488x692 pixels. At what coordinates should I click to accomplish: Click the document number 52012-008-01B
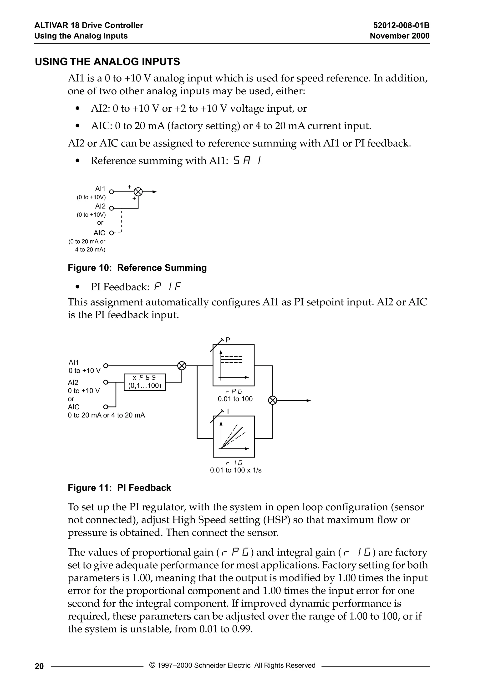[x=401, y=25]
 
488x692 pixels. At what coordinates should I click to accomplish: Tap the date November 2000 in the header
[x=399, y=36]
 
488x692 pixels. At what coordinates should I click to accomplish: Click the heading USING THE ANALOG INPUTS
[x=107, y=61]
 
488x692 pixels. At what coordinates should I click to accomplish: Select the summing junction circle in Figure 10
[x=138, y=192]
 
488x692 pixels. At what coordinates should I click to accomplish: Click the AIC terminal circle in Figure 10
[x=111, y=233]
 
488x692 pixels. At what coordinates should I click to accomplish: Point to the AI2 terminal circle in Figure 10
[x=111, y=208]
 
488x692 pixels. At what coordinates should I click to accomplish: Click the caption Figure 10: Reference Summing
[x=137, y=268]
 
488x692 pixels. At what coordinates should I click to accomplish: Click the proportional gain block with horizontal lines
[x=234, y=365]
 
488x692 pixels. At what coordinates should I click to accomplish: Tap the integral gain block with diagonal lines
[x=234, y=436]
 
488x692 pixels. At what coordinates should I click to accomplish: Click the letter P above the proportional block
[x=228, y=340]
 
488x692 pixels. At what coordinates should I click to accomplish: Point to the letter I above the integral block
[x=228, y=411]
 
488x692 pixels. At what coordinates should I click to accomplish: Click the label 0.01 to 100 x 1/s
[x=236, y=470]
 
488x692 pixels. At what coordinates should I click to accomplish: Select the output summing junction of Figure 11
[x=272, y=400]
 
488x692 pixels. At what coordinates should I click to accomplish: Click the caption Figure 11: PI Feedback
[x=119, y=488]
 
